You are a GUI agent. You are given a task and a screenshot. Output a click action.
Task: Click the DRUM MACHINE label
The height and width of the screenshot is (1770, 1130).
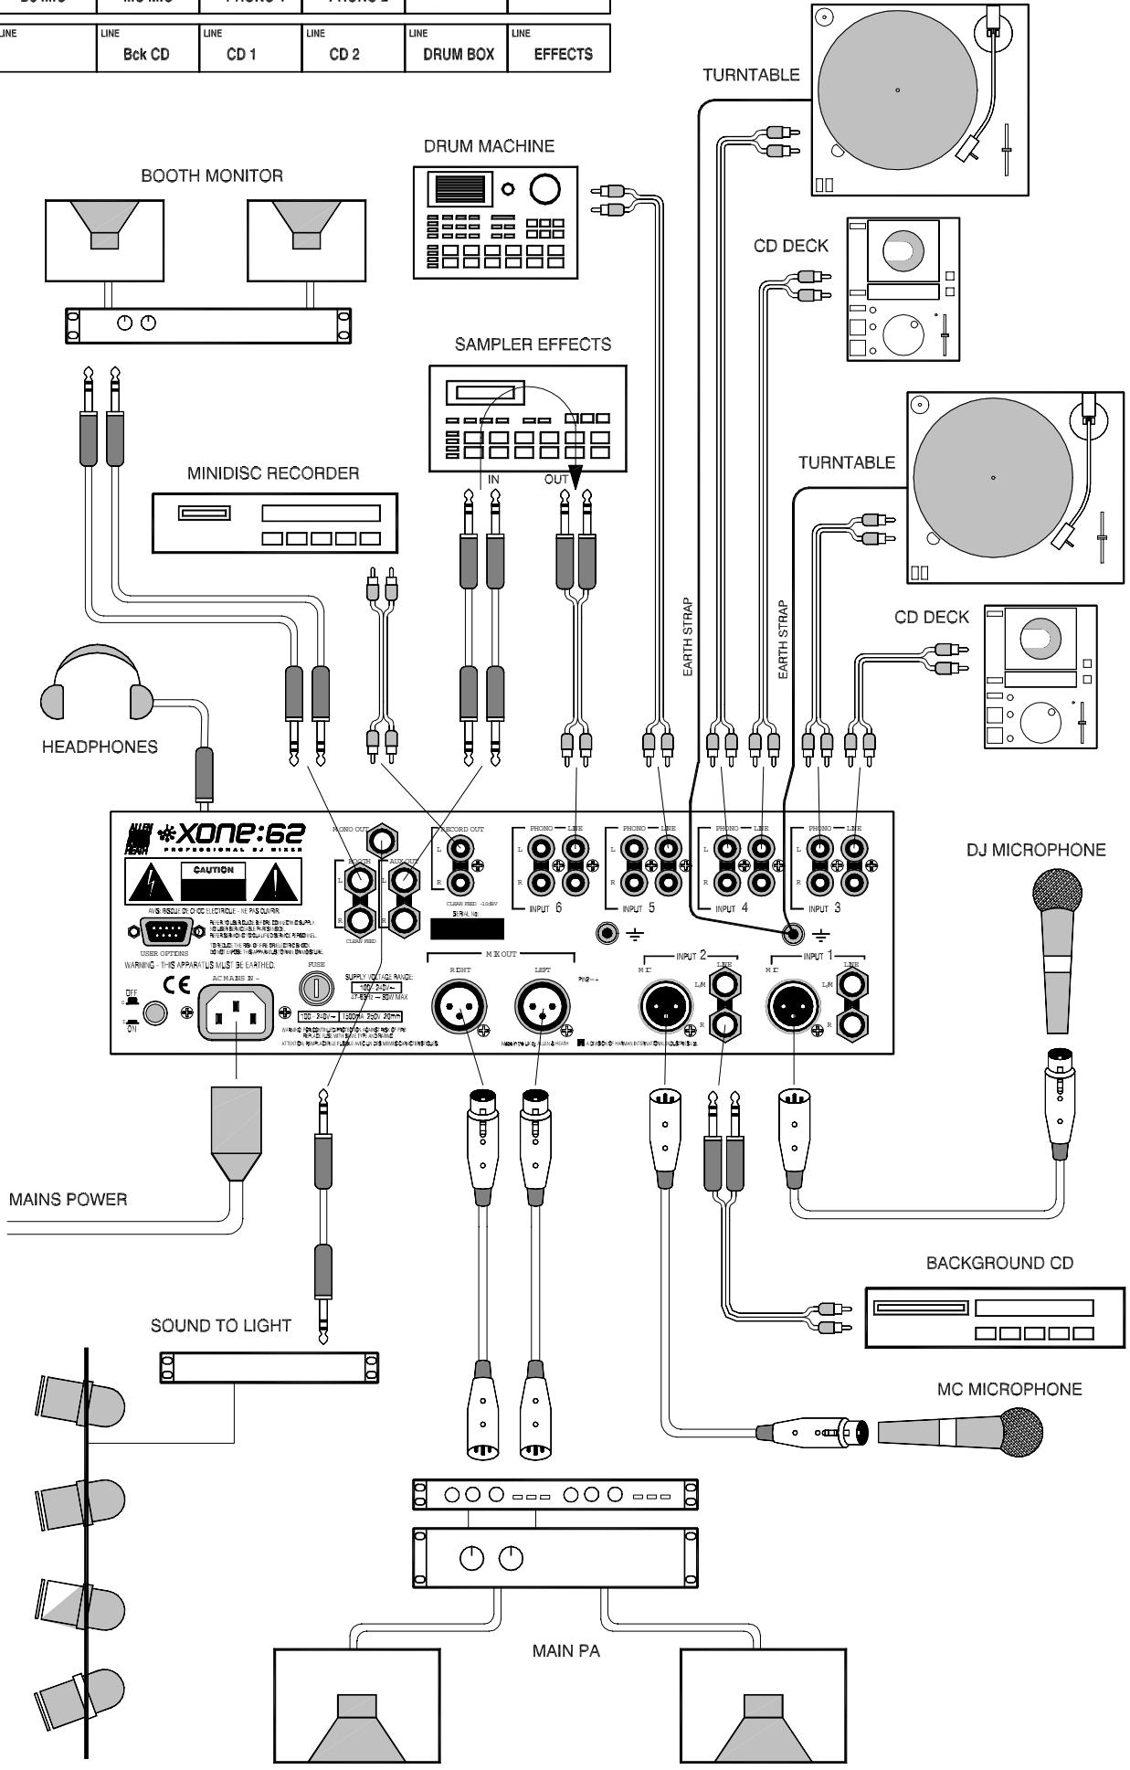click(x=489, y=146)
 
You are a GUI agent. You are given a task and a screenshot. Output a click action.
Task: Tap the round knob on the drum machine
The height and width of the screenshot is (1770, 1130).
click(x=544, y=188)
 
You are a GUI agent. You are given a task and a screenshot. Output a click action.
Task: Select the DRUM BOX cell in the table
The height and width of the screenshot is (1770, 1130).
click(x=458, y=54)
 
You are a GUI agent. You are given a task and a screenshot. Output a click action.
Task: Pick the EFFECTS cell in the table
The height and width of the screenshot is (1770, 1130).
click(x=563, y=54)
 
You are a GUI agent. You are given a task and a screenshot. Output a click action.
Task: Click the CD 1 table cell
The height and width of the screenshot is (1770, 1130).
click(x=240, y=54)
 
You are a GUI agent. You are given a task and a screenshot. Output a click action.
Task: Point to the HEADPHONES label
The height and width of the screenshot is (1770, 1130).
click(x=100, y=747)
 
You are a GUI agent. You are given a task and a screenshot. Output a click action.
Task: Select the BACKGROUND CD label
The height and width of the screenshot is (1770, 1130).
click(x=999, y=1263)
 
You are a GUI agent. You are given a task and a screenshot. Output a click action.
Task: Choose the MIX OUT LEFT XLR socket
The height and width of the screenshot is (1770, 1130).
click(x=541, y=1009)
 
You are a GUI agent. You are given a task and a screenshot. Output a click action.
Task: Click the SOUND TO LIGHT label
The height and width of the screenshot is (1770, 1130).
click(x=221, y=1326)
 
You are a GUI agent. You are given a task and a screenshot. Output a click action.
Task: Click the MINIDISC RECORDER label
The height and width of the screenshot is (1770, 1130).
click(x=273, y=473)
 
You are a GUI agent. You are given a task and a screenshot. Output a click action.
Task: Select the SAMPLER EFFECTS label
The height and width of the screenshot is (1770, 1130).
click(x=533, y=344)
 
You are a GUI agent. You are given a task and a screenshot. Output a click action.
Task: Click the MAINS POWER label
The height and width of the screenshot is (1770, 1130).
click(x=68, y=1199)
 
